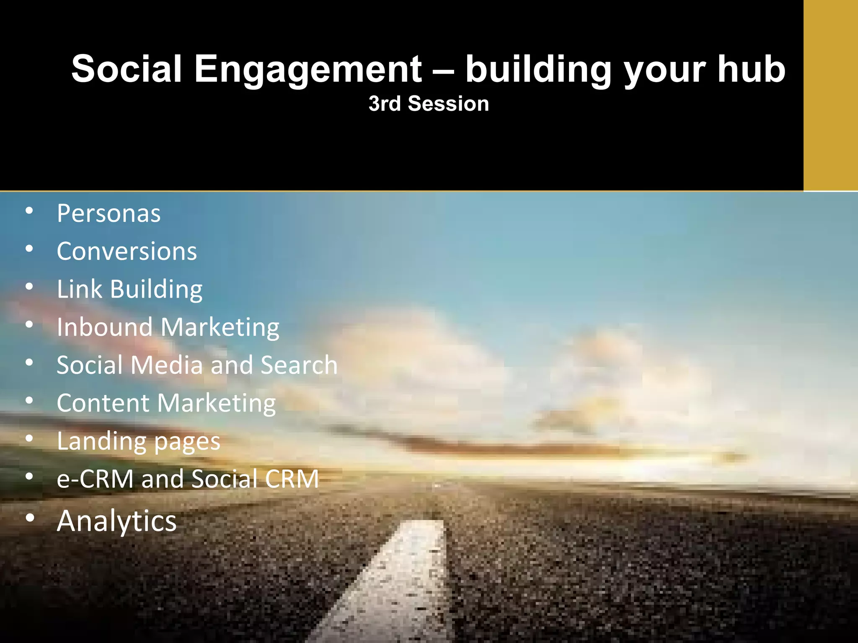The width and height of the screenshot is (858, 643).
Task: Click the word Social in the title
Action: tap(126, 69)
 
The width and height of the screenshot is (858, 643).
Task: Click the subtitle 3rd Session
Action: tap(429, 103)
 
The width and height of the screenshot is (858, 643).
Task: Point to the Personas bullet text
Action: tap(109, 213)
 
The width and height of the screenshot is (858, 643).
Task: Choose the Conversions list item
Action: tap(127, 251)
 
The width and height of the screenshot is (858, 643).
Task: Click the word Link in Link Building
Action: tap(79, 289)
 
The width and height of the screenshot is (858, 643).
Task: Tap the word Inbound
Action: tap(105, 327)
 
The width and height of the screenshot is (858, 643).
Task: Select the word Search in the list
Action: tap(299, 365)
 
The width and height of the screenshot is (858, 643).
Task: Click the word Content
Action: tap(103, 403)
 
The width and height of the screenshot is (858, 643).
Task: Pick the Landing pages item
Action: tap(138, 441)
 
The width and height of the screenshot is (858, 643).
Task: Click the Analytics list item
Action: tap(116, 521)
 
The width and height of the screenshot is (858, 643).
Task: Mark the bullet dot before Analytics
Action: tap(29, 518)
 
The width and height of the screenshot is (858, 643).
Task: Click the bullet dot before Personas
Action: tap(29, 211)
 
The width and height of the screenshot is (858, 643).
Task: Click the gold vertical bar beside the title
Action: tap(830, 95)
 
